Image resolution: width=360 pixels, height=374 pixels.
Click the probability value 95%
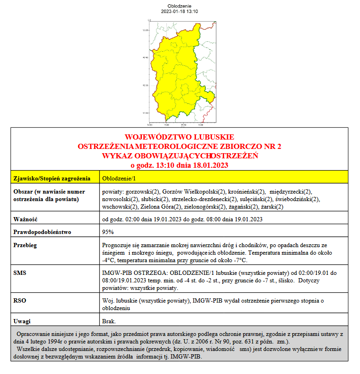click(x=108, y=232)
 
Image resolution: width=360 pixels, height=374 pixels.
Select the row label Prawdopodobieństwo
click(x=42, y=232)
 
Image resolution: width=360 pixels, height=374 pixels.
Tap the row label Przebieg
click(x=26, y=245)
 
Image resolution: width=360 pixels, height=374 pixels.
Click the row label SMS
click(x=20, y=272)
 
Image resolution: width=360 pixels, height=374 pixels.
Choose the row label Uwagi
click(x=22, y=321)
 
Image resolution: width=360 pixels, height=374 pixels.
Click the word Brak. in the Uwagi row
click(x=109, y=321)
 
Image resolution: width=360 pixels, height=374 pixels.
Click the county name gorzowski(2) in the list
click(x=141, y=192)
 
